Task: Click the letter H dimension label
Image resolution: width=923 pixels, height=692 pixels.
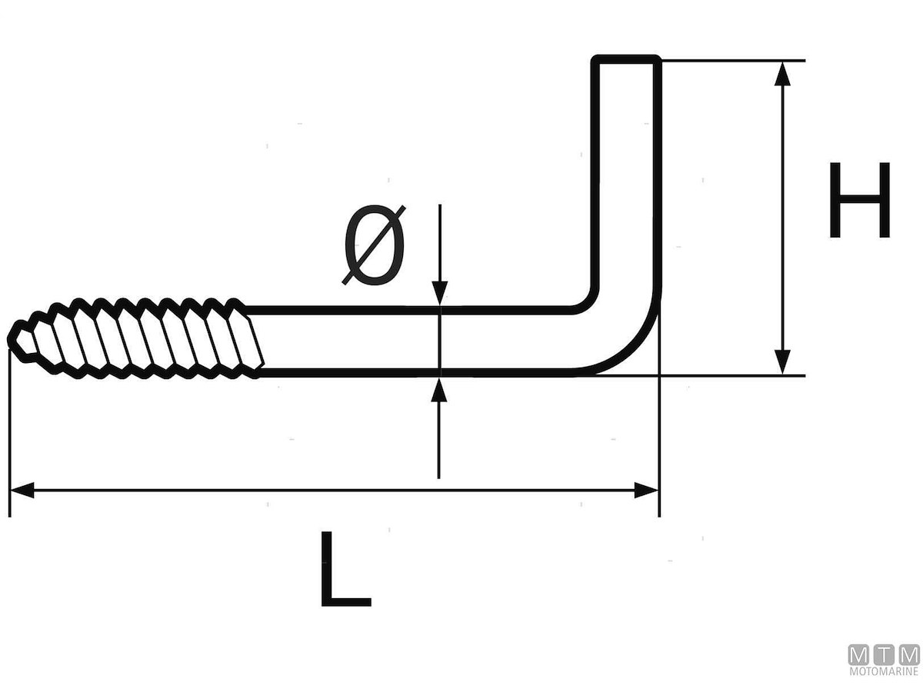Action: click(859, 200)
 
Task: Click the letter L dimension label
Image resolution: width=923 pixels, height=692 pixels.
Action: click(346, 569)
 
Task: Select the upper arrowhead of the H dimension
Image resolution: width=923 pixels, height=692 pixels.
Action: click(782, 74)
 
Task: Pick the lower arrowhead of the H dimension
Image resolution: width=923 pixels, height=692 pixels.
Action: click(782, 361)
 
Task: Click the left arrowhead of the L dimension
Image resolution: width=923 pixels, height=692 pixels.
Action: click(22, 491)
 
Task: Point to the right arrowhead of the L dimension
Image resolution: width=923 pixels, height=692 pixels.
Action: click(646, 491)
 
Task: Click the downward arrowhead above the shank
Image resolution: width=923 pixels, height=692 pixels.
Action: click(439, 293)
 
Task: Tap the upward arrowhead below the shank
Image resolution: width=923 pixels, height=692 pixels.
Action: click(439, 390)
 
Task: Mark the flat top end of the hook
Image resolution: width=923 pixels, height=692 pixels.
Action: click(626, 58)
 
